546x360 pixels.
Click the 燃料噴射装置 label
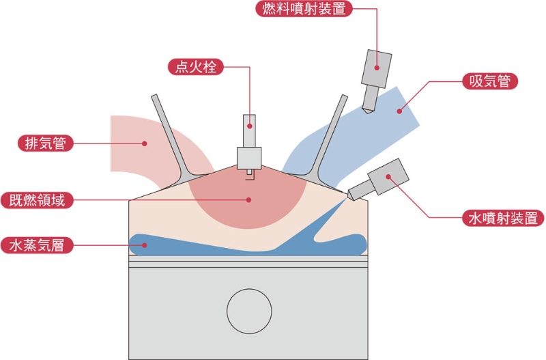pyautogui.click(x=304, y=9)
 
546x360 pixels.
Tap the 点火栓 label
pyautogui.click(x=195, y=66)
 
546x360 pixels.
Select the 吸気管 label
pyautogui.click(x=490, y=81)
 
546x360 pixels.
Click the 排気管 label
pyautogui.click(x=46, y=143)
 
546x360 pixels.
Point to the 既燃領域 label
pyautogui.click(x=37, y=200)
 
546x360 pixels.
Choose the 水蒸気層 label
pyautogui.click(x=37, y=245)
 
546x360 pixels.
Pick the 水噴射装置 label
pyautogui.click(x=503, y=218)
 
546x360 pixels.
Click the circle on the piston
pyautogui.click(x=249, y=311)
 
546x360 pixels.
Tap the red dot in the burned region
pyautogui.click(x=248, y=199)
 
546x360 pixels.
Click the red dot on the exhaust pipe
pyautogui.click(x=145, y=143)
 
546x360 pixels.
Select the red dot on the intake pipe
pyautogui.click(x=399, y=111)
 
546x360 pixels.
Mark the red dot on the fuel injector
pyautogui.click(x=377, y=68)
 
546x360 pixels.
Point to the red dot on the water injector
pyautogui.click(x=388, y=177)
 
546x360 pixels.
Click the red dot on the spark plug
pyautogui.click(x=250, y=126)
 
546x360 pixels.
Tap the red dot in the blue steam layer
pyautogui.click(x=145, y=245)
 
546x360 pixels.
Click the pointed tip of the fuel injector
pyautogui.click(x=367, y=113)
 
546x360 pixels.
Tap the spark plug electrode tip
pyautogui.click(x=249, y=172)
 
